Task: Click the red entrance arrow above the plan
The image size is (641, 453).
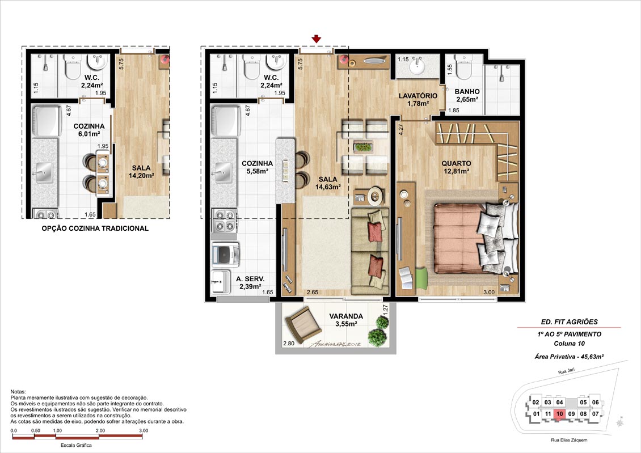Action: coord(316,39)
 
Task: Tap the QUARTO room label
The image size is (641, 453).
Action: coord(456,163)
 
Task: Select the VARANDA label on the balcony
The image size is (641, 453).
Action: coord(346,316)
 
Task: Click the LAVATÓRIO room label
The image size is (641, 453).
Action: coord(418,96)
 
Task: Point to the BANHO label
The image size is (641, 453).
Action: coord(467,91)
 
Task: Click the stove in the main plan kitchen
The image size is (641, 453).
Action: coord(224,220)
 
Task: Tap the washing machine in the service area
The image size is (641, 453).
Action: coord(226,255)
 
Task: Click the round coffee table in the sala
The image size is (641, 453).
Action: coord(376,196)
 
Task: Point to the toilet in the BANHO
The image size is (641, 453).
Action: coord(463,68)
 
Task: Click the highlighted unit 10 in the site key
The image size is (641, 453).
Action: coord(559,414)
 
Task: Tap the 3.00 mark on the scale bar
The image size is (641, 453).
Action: coord(143,430)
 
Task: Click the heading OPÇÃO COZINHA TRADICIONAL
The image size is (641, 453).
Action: coord(95,228)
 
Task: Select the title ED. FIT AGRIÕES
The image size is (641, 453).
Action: coord(569,322)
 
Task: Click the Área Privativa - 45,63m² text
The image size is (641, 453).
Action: coord(569,356)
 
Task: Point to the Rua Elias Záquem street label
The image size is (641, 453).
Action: coord(568,440)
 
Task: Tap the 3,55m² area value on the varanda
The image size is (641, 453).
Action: coord(346,324)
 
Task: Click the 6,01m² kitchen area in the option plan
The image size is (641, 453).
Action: coord(89,134)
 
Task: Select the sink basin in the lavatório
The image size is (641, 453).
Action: coord(418,67)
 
